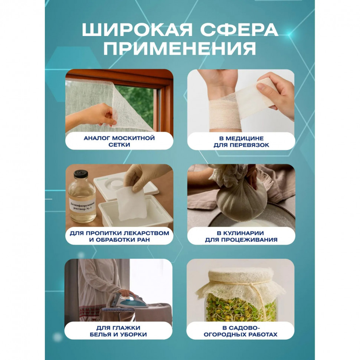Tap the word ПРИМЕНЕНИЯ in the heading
tap(180, 49)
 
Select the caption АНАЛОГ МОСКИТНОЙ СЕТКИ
tap(119, 141)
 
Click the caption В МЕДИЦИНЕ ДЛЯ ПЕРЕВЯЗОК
tap(241, 141)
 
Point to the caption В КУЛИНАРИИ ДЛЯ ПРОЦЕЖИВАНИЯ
tap(241, 236)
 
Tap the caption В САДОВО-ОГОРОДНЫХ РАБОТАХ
tap(241, 331)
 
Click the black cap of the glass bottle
tap(81, 174)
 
